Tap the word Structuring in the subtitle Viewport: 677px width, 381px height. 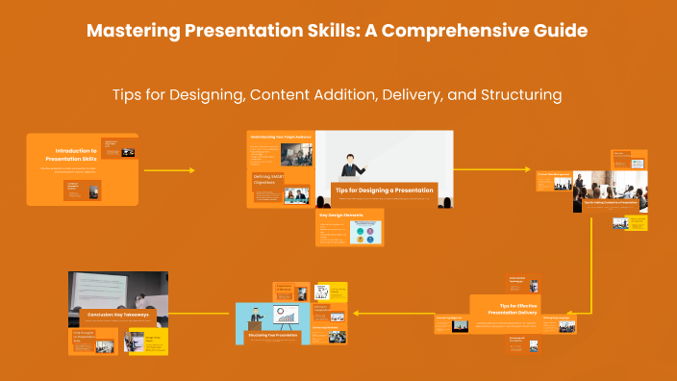(517, 95)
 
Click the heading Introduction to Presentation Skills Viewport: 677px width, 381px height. (76, 155)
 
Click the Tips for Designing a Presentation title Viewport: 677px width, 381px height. (385, 190)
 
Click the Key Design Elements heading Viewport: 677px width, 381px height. (337, 216)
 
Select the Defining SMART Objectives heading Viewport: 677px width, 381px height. (268, 180)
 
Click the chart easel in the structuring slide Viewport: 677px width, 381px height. (286, 315)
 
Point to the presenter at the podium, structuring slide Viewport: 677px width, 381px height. (257, 319)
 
